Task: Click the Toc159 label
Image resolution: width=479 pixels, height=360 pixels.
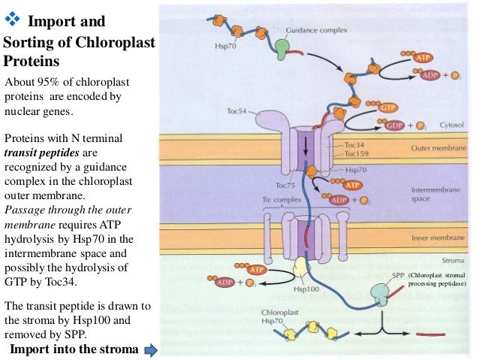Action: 357,154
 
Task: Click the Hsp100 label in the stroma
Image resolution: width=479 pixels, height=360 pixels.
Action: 302,289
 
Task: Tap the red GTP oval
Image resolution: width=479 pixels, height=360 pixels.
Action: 387,107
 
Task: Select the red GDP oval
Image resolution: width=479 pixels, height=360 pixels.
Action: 395,124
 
